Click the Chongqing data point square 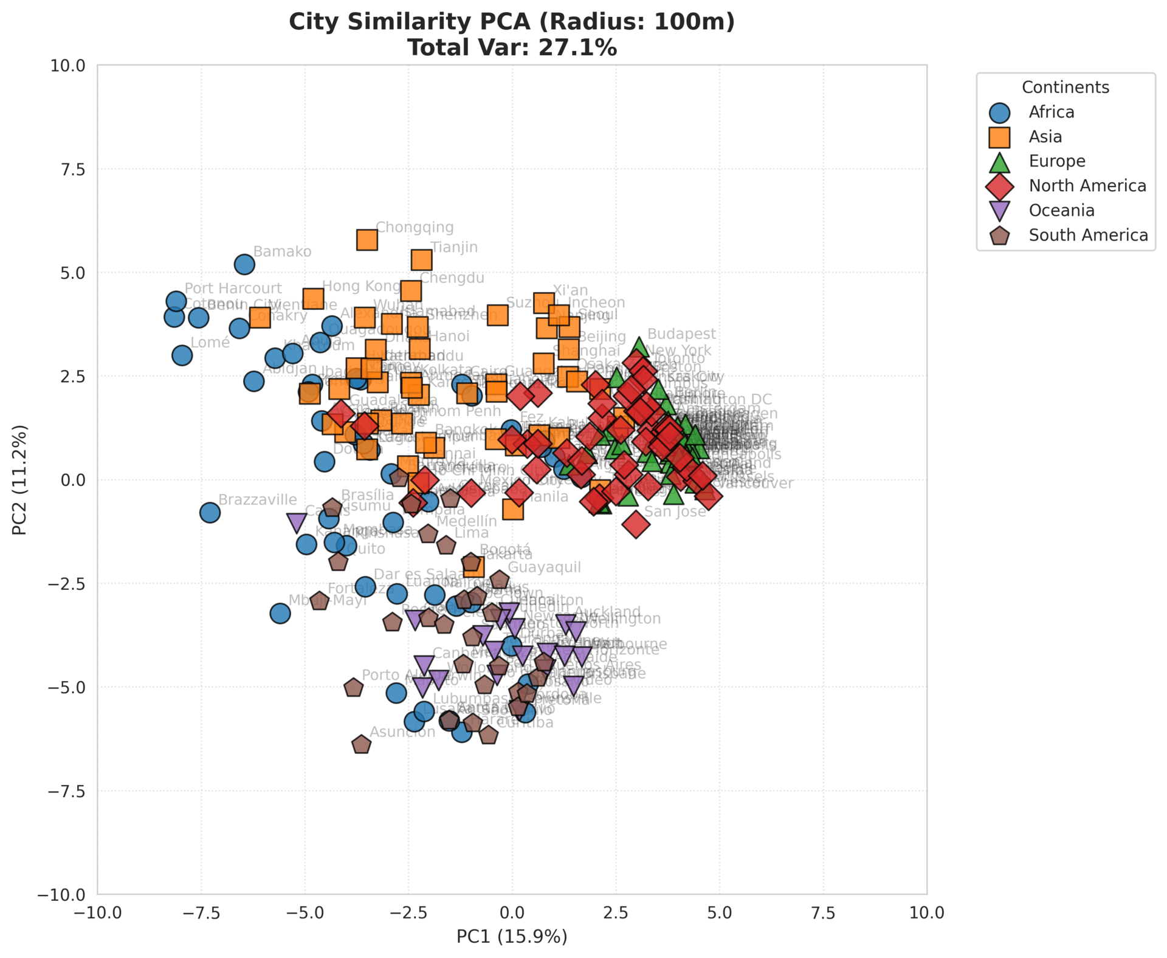pos(367,240)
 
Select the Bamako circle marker pos(244,264)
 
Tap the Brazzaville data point pos(210,513)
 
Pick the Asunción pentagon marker pos(361,745)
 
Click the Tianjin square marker pos(421,260)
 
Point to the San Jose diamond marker pos(636,524)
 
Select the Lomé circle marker pos(182,355)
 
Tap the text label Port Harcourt pos(233,289)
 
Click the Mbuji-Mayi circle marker pos(280,614)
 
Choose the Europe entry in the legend pos(1056,161)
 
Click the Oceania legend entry pos(1061,210)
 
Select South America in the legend pos(1088,235)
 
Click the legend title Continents pos(1065,87)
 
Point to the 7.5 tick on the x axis pos(823,913)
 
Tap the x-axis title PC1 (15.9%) pos(512,937)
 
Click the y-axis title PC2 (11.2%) pos(20,480)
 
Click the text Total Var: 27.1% pos(512,47)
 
